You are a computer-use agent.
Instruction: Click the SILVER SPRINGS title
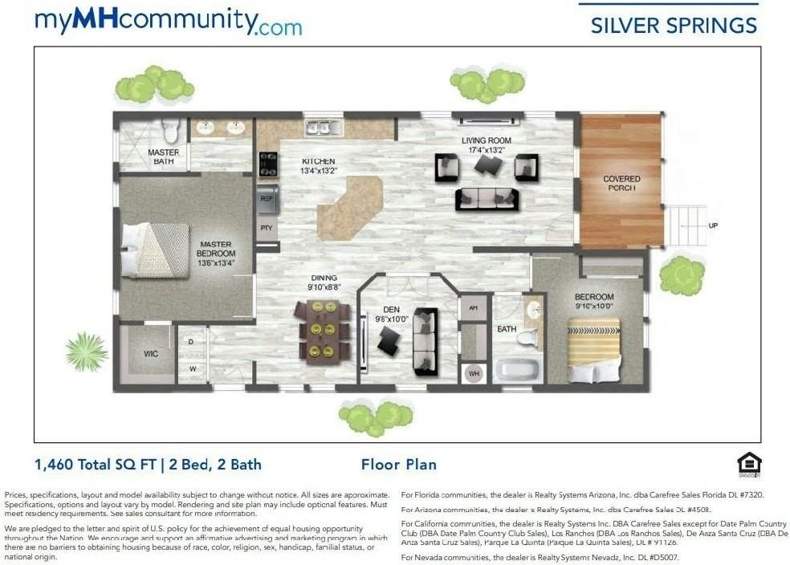point(673,25)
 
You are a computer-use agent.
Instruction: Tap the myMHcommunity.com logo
point(168,22)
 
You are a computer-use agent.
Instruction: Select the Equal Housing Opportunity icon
point(748,465)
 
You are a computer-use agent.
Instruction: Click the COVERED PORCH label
point(621,183)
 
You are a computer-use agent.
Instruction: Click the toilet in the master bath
point(170,129)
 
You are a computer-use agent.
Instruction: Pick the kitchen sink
point(324,128)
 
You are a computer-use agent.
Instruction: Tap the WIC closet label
point(150,353)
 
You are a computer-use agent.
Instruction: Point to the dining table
point(324,330)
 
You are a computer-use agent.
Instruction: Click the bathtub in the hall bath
point(519,370)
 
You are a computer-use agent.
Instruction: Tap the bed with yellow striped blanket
point(593,349)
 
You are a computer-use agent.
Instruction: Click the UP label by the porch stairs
point(713,226)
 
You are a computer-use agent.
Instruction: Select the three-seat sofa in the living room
point(487,199)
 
